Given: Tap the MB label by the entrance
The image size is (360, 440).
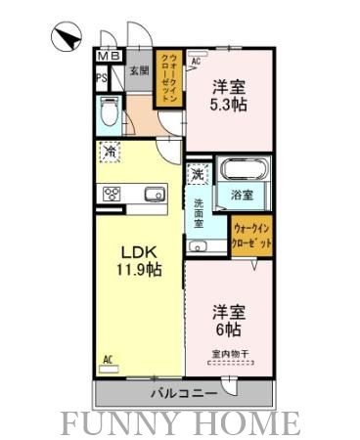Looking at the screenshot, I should point(108,56).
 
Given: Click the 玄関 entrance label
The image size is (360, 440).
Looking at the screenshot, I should point(139,69).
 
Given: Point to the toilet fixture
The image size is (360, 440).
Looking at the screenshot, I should point(110,117).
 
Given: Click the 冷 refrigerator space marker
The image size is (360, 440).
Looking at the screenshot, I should point(110,152).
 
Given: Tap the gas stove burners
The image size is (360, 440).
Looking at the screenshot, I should point(112,193).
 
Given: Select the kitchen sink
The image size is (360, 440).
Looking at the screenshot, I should point(155,195).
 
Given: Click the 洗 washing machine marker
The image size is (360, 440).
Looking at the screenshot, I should point(199,176).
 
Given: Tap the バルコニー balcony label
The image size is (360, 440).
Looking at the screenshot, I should point(183,394).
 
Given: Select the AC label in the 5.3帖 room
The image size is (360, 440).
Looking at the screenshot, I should point(196,62).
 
